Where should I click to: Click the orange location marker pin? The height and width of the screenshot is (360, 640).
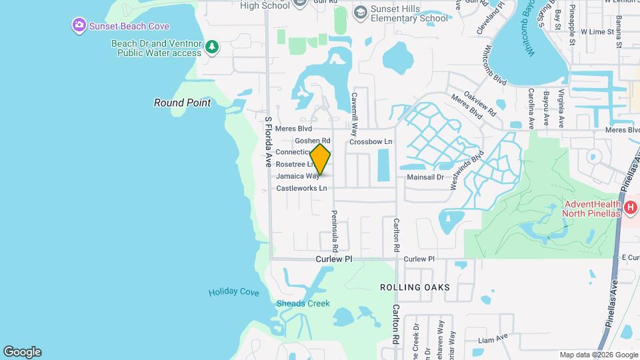(x=320, y=159)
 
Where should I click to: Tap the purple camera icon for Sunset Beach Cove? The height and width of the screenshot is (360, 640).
(x=79, y=26)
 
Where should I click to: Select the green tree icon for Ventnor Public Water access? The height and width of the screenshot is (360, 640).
(x=211, y=47)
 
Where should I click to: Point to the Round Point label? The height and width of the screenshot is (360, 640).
(x=182, y=103)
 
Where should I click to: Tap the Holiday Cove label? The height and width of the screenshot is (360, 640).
(x=233, y=292)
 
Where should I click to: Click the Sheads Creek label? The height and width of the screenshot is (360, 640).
(x=303, y=304)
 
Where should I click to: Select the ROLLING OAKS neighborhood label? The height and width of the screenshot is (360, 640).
(x=415, y=287)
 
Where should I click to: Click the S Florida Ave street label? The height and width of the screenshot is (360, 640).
(x=268, y=142)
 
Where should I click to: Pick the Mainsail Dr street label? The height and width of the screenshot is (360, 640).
(x=425, y=177)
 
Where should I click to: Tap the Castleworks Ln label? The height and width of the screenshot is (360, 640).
(x=301, y=189)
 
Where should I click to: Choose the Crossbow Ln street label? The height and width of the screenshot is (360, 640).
(x=371, y=142)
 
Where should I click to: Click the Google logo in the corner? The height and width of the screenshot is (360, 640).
(x=22, y=352)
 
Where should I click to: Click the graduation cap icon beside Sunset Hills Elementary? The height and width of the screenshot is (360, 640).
(x=360, y=12)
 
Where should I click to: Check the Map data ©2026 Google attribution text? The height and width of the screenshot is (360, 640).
(x=598, y=355)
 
